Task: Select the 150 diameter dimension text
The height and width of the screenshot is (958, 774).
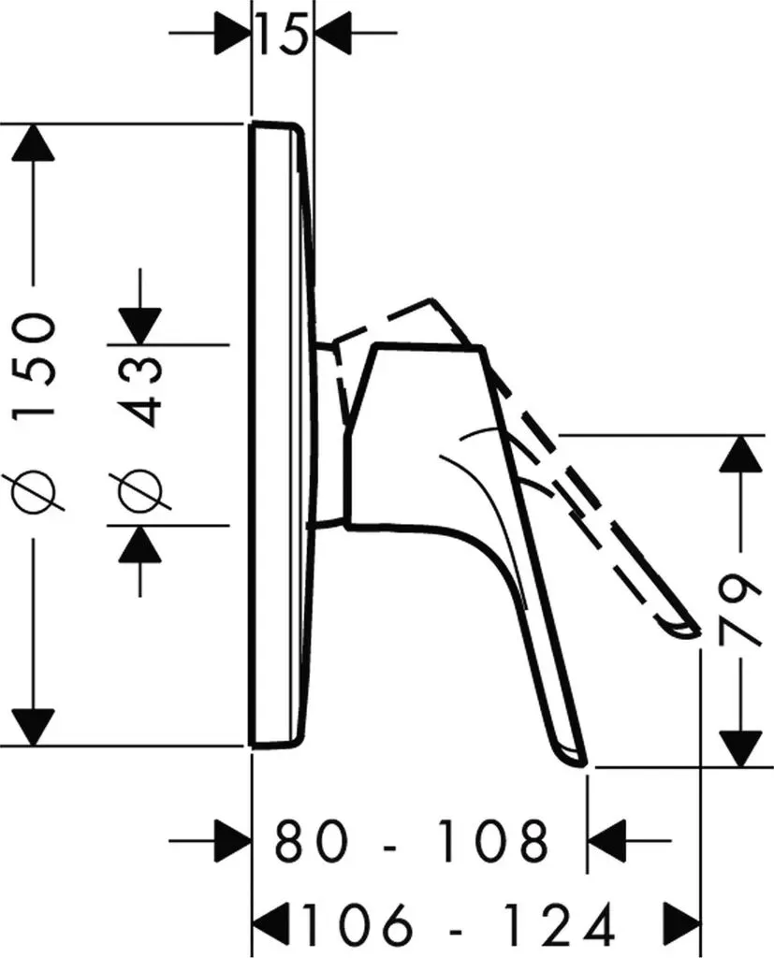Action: [x=35, y=364]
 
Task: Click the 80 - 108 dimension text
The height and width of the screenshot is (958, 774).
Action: [x=411, y=841]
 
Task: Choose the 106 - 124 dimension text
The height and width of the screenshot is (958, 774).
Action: [x=459, y=922]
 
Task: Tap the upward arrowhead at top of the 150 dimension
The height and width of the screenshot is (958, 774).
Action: [x=33, y=143]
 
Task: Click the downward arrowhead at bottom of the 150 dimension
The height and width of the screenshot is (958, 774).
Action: [x=33, y=727]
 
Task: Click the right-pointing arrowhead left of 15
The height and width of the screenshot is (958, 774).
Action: [x=233, y=33]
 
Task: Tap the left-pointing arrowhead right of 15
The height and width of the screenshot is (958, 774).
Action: [x=332, y=33]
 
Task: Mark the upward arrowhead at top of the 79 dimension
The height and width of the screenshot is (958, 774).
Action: [x=741, y=454]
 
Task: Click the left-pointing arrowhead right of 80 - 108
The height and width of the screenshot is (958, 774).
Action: [x=606, y=841]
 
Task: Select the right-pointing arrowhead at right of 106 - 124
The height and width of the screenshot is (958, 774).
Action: [x=681, y=922]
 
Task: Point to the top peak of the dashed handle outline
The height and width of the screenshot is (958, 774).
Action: [x=431, y=300]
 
